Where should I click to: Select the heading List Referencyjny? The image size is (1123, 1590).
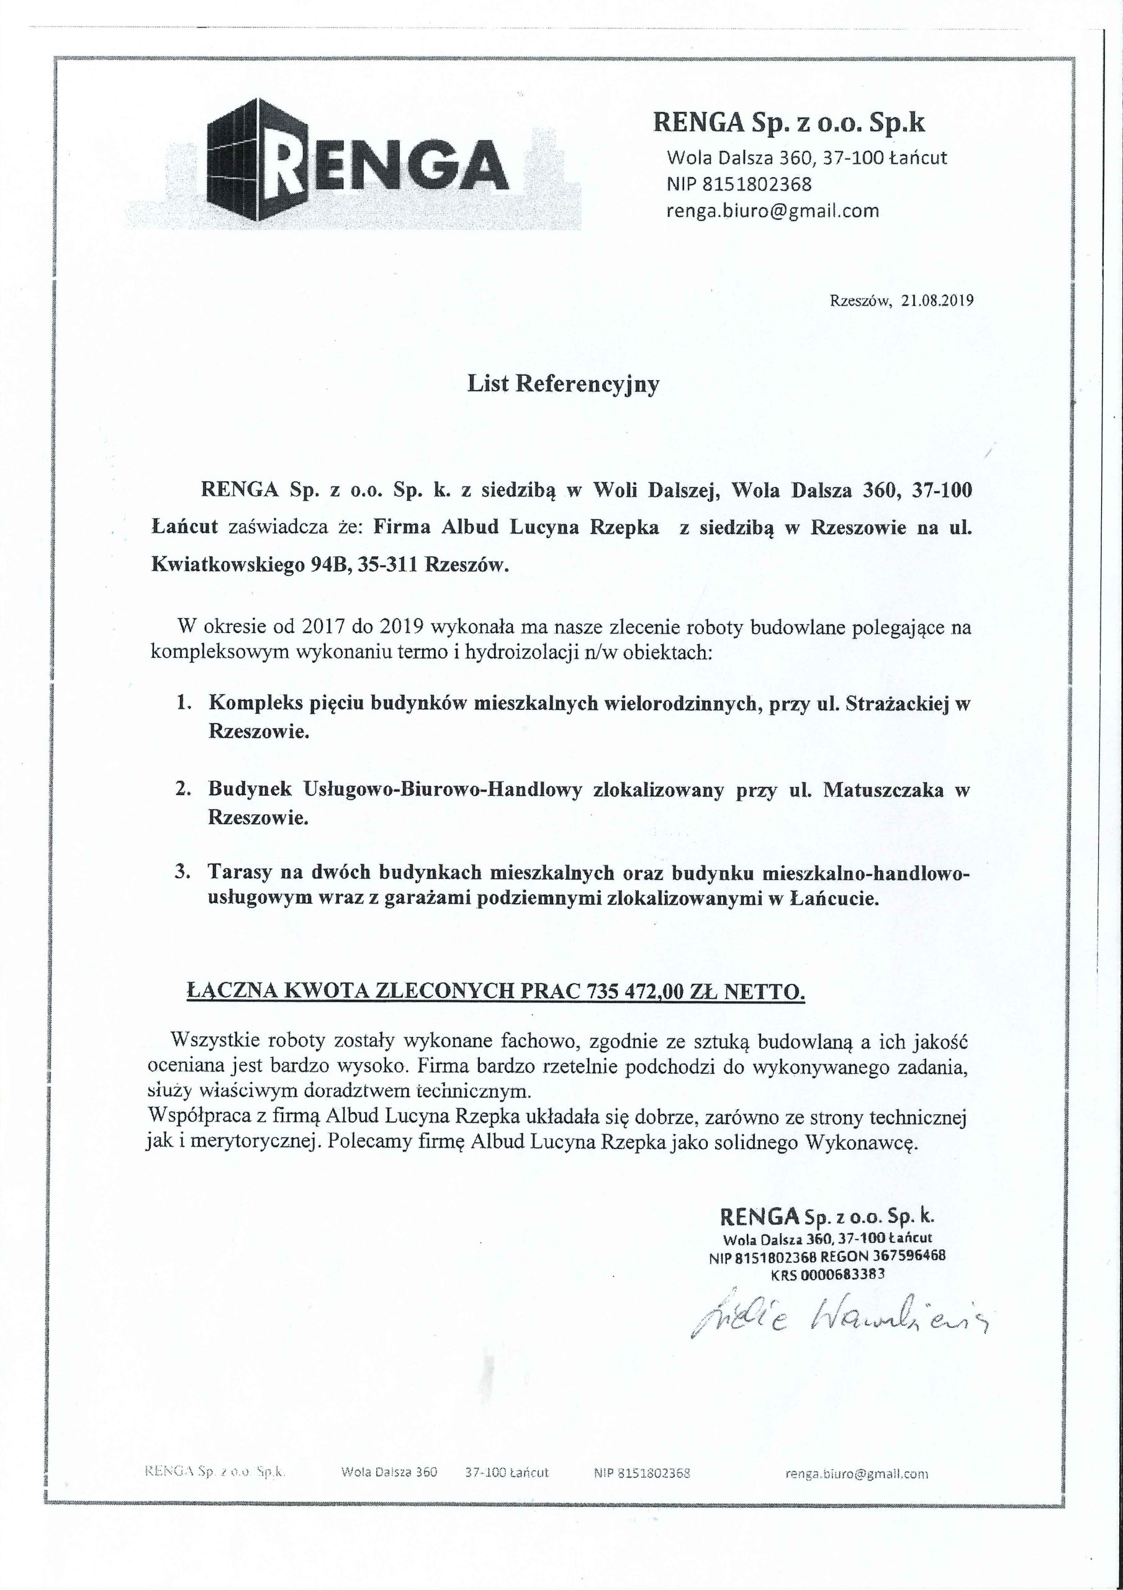coord(563,384)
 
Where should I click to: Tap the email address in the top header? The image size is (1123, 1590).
coord(772,211)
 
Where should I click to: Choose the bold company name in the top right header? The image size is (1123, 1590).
coord(789,123)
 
